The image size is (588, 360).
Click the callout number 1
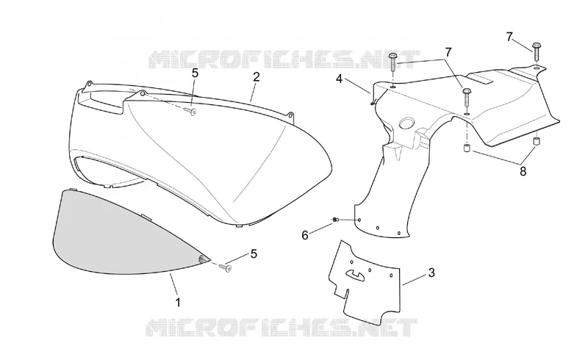178,302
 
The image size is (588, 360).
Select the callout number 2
256,77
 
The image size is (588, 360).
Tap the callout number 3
431,273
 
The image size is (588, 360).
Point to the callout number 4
339,79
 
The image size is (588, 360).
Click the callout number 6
305,236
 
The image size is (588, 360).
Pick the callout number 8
523,171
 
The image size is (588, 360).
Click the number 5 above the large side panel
195,73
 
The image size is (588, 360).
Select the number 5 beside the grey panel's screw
254,254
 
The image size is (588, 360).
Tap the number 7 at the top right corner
509,37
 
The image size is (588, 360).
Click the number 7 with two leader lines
449,52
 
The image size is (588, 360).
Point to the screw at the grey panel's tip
226,267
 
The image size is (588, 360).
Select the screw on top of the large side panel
190,111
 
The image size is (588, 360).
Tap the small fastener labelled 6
335,219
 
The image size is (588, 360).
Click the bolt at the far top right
537,51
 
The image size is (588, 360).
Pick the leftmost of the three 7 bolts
392,64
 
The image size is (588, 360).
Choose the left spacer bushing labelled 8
467,148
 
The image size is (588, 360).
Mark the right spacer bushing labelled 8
537,142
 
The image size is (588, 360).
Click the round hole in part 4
407,123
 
